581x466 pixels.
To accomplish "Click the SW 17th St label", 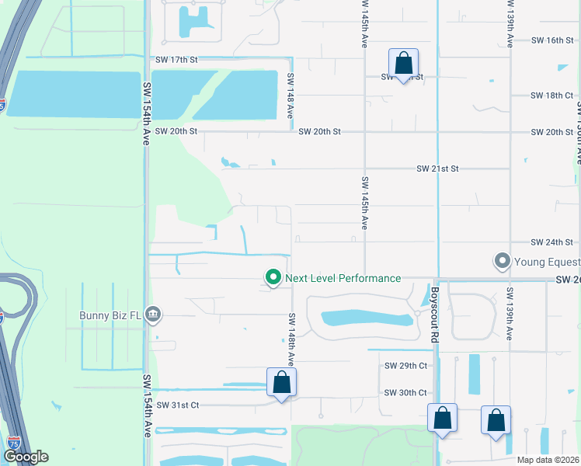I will click(177, 59).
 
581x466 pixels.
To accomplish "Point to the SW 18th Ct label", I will click(552, 95).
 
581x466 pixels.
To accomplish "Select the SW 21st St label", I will click(438, 169).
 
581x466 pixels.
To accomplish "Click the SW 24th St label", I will click(552, 242).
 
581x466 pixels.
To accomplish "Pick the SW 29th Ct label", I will click(405, 365).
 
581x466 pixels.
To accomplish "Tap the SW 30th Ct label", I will click(405, 392).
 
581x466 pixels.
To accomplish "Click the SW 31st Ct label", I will click(178, 405).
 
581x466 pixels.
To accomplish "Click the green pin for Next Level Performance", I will click(273, 277).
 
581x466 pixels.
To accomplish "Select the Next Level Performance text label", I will click(343, 278).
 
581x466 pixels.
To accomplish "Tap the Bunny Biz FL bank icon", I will click(153, 315).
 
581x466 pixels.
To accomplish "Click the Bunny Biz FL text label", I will click(111, 315).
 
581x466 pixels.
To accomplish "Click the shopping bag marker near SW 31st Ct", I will click(281, 382).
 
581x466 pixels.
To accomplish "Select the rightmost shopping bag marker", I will click(496, 420).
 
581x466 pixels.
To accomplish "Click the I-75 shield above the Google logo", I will click(14, 442).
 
